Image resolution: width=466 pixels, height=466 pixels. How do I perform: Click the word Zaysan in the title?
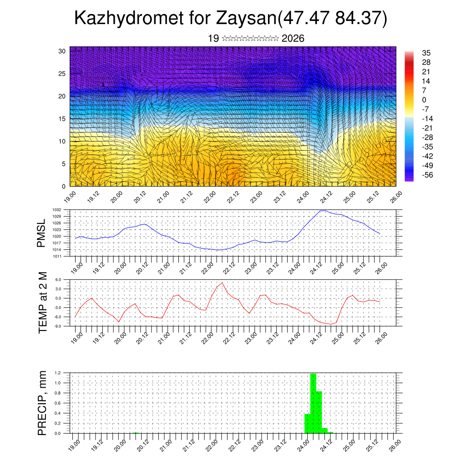(x=245, y=19)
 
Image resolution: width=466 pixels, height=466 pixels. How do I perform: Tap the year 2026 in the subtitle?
(x=293, y=39)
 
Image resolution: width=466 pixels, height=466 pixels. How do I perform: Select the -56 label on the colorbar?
(x=427, y=174)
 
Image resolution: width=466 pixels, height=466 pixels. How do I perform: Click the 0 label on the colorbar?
(x=425, y=100)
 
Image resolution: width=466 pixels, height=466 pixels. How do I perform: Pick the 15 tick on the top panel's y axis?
(x=62, y=119)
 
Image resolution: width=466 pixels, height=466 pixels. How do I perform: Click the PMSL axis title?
(x=41, y=233)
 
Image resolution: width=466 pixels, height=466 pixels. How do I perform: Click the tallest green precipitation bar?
(x=313, y=403)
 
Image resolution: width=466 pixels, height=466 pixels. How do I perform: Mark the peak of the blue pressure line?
(x=323, y=211)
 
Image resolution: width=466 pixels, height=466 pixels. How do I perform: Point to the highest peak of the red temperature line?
(x=222, y=283)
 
